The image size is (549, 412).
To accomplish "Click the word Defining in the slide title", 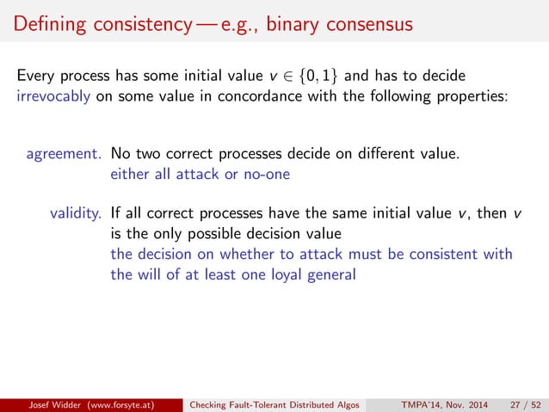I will click(42, 23).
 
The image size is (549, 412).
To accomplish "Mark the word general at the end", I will click(331, 274).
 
